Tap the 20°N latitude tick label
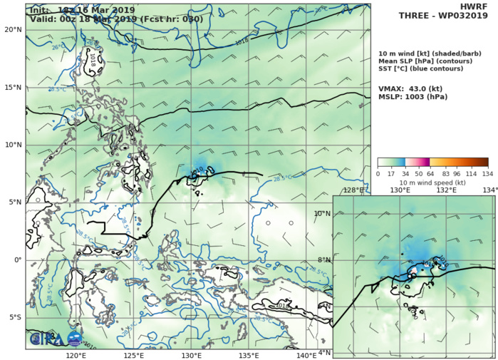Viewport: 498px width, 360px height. click(x=12, y=30)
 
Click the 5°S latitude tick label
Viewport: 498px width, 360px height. click(x=14, y=317)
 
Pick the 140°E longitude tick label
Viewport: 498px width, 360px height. click(x=306, y=355)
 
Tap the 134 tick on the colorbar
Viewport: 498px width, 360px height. click(x=487, y=173)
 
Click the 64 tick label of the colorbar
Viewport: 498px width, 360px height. click(x=430, y=173)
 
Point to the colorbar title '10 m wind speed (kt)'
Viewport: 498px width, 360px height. click(x=432, y=183)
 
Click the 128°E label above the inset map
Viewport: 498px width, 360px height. click(x=354, y=190)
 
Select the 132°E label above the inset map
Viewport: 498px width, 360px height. click(x=446, y=190)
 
